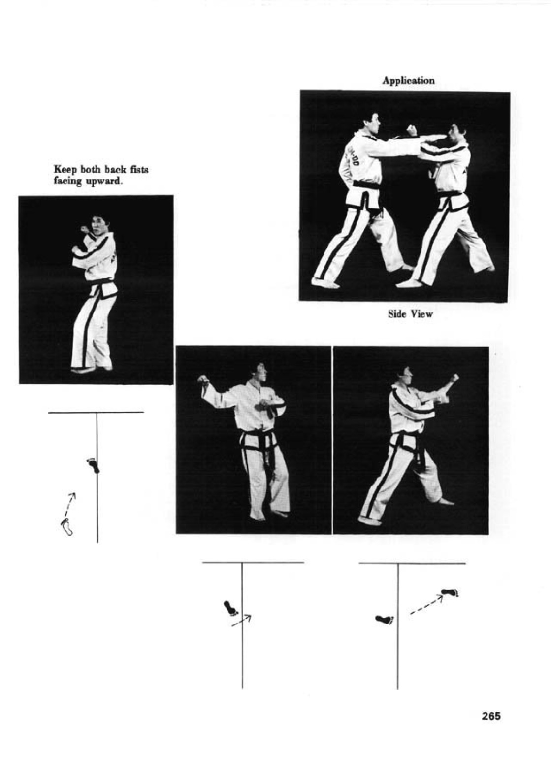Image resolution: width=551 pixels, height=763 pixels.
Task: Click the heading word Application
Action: [x=408, y=81]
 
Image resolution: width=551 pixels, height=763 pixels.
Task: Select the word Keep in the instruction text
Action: [x=65, y=169]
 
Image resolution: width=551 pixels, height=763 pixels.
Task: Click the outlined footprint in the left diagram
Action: [x=67, y=527]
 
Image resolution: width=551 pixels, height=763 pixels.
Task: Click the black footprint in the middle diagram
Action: [x=230, y=608]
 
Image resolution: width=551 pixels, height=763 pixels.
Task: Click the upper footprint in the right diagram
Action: [x=450, y=592]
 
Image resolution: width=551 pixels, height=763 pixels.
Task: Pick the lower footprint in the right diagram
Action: [x=385, y=619]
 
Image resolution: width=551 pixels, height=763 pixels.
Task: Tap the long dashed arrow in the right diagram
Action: [x=426, y=606]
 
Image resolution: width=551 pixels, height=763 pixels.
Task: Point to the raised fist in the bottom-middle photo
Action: [x=203, y=380]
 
